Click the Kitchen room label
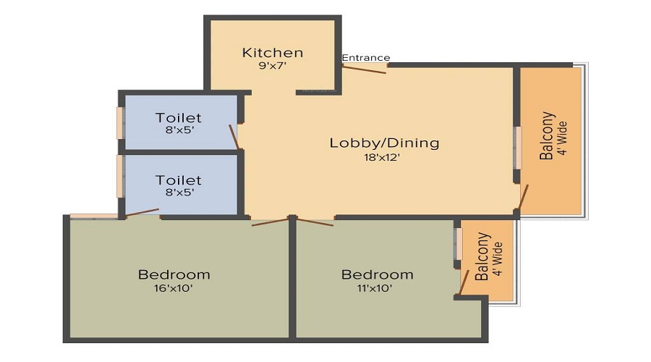pos(273,53)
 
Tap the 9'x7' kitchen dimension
pos(273,66)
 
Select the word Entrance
pos(366,58)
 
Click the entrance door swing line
pos(365,70)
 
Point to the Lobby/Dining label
pos(385,143)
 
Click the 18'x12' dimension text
pos(381,158)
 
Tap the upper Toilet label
pos(179,118)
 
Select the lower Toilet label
pos(179,180)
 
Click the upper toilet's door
pos(234,136)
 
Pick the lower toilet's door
pos(142,212)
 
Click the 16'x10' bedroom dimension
pos(174,288)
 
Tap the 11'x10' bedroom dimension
pos(375,288)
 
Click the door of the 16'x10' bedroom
pos(270,222)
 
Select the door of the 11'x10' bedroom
pos(315,222)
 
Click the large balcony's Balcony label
pos(547,135)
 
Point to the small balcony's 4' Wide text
pos(498,259)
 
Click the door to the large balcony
pos(523,197)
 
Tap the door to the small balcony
pos(464,282)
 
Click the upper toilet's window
pos(119,123)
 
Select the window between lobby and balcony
pos(518,148)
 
